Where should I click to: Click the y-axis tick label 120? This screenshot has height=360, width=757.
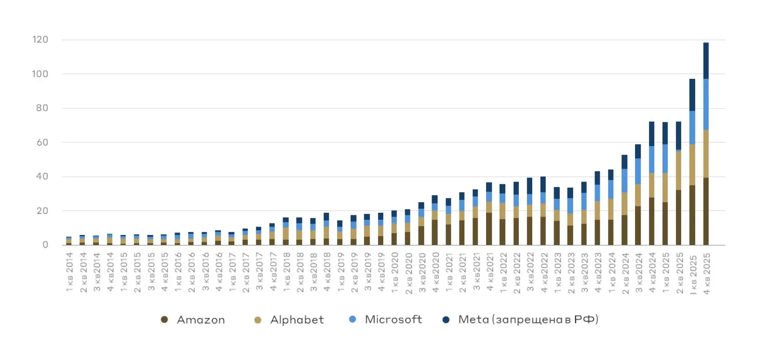point(40,40)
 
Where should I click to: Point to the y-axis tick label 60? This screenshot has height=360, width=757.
point(42,143)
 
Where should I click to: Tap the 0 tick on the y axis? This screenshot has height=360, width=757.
point(45,245)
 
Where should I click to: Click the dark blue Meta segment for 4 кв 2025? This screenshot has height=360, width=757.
point(706,61)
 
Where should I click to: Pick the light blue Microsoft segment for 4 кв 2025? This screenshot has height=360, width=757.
point(706,104)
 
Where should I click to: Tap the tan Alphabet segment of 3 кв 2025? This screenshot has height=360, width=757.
point(693,165)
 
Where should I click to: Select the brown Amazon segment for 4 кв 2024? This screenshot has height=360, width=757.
point(652,221)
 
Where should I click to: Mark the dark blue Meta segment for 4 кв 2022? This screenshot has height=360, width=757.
point(543,184)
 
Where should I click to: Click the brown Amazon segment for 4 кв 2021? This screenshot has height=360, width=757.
point(489,229)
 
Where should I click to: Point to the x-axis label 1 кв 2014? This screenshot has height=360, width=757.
point(70,272)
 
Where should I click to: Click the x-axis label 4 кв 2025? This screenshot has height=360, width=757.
point(706,274)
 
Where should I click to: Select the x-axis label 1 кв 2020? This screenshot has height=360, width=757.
point(395,272)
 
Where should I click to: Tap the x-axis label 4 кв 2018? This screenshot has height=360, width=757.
point(327,272)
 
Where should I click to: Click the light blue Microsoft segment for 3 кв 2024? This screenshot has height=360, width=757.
point(638,171)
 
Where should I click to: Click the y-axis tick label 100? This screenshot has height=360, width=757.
point(40,74)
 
